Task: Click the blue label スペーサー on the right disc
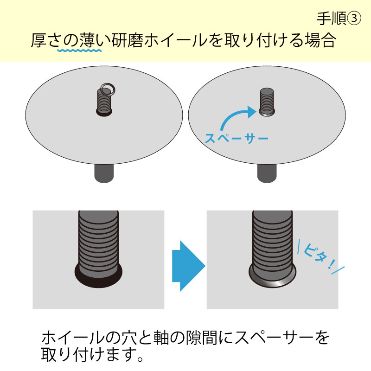(x=237, y=138)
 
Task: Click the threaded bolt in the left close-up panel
(x=98, y=241)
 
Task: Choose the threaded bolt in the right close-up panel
(x=272, y=241)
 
